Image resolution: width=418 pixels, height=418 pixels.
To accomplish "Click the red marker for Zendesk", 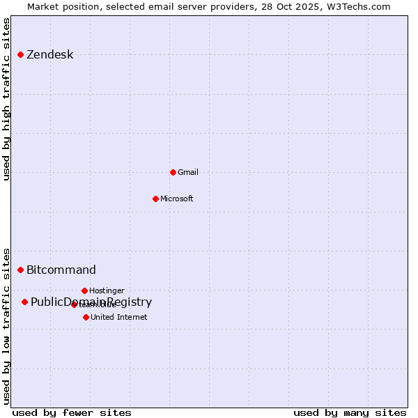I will click(21, 54).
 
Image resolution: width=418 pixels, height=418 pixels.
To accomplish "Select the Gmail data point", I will click(173, 172).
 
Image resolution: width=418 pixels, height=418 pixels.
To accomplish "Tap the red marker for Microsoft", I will click(155, 199).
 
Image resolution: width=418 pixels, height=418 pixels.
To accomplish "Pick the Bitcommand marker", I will click(21, 270).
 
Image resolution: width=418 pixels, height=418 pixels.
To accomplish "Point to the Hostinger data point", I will click(84, 291).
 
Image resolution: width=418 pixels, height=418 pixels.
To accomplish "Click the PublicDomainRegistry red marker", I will click(24, 302).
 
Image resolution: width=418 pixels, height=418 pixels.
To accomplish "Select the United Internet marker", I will click(86, 317).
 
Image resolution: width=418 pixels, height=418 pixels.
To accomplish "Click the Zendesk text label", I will click(49, 55).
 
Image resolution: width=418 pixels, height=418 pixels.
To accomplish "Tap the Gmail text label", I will click(188, 172).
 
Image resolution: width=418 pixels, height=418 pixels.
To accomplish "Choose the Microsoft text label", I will click(177, 199).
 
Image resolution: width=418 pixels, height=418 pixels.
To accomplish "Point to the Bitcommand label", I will click(61, 270).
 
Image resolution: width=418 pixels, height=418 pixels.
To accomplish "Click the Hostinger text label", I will click(107, 291).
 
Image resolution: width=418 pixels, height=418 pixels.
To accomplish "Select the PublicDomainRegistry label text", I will click(91, 302).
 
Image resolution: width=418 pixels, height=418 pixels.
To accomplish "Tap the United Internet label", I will click(119, 317).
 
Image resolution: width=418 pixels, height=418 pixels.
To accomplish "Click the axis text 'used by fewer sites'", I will click(72, 412).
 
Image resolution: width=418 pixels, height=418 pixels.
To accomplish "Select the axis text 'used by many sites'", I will click(350, 412).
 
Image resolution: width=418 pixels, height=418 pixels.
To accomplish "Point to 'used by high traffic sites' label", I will click(7, 99).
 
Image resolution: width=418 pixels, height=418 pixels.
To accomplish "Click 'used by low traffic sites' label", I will click(7, 325).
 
